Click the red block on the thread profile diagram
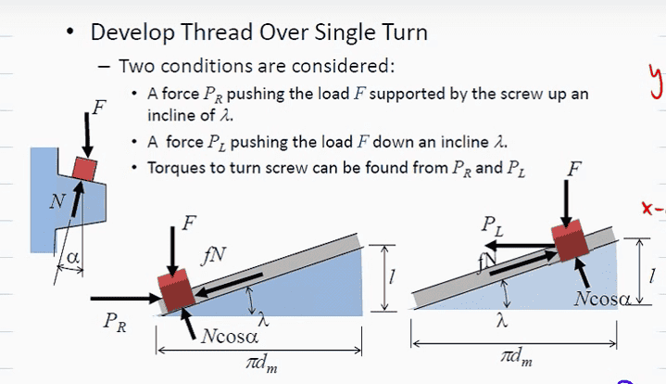pos(85,168)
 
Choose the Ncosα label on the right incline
pos(602,299)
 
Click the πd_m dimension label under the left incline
pos(258,364)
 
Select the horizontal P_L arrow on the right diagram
pos(519,246)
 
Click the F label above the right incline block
pos(575,170)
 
